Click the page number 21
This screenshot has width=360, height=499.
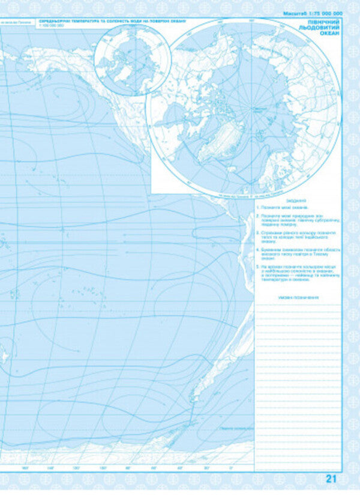coord(332,479)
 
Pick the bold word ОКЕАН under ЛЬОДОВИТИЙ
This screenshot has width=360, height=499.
coord(329,34)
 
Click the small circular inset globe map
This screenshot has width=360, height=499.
coord(133,59)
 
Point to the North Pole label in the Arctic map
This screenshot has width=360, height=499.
coord(259,109)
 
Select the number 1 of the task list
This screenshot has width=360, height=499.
coord(256,207)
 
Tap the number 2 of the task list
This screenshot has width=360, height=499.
coord(256,216)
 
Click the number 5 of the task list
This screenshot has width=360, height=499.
coord(256,265)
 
